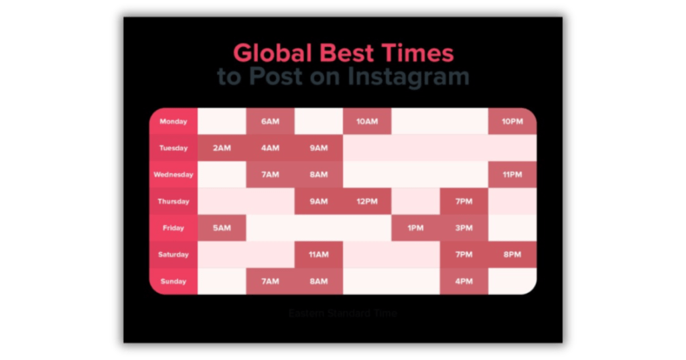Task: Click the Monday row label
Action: (173, 121)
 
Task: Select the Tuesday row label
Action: (173, 148)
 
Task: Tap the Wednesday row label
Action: (173, 174)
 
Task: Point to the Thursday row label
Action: (173, 201)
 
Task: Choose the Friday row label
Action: (173, 228)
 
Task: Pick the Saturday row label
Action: (173, 255)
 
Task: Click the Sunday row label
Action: (173, 282)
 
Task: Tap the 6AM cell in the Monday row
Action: (270, 121)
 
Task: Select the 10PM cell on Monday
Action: (512, 121)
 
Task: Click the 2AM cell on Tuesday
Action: (222, 148)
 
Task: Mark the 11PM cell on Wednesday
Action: (512, 174)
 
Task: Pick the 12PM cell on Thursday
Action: (366, 201)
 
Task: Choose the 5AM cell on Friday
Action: (222, 228)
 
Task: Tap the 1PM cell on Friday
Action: (415, 228)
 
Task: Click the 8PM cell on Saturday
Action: (512, 255)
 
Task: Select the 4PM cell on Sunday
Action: (464, 282)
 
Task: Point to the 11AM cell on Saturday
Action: (318, 255)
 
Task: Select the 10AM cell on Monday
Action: (366, 121)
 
